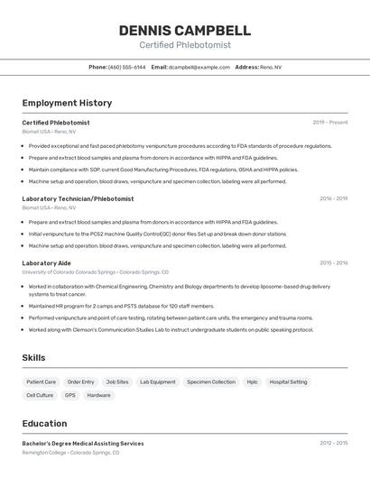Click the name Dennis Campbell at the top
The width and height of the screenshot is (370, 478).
pos(185,30)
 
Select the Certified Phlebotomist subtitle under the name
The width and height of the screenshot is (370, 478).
pos(185,45)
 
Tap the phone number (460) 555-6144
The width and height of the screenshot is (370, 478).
pos(126,67)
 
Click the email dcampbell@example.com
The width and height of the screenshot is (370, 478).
pos(199,67)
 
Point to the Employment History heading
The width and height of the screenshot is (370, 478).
pos(67,103)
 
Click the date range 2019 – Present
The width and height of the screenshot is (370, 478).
pos(330,123)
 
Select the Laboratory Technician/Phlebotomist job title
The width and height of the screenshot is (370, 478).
pos(78,198)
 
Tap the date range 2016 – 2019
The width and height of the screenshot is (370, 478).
pos(333,198)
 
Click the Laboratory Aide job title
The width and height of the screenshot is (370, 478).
pos(46,263)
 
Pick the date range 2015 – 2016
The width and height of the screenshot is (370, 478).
pos(333,263)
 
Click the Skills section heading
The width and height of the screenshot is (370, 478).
pos(33,358)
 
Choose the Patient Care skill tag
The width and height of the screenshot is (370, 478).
pos(42,381)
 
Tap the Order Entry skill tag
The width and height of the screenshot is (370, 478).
pos(80,381)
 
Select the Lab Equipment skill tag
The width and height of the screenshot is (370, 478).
pos(158,381)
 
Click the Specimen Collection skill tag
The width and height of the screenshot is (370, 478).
pos(211,381)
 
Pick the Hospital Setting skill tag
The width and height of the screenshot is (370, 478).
pos(288,381)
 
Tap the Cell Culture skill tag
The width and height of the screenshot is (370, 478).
pos(40,395)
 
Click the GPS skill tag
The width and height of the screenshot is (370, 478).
pos(70,395)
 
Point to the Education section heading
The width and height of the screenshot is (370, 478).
pos(44,424)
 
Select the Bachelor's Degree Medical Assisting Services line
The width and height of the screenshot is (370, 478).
pos(83,444)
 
